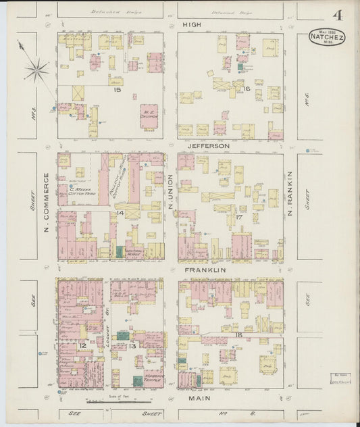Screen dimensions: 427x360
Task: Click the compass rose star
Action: [37, 68]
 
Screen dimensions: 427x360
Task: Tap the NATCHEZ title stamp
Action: [326, 38]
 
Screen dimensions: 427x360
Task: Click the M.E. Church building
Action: [149, 116]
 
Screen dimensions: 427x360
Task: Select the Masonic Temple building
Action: [153, 378]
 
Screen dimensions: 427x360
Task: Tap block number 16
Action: [247, 89]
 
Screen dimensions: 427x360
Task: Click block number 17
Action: [239, 217]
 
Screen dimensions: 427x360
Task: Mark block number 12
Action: [82, 345]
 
